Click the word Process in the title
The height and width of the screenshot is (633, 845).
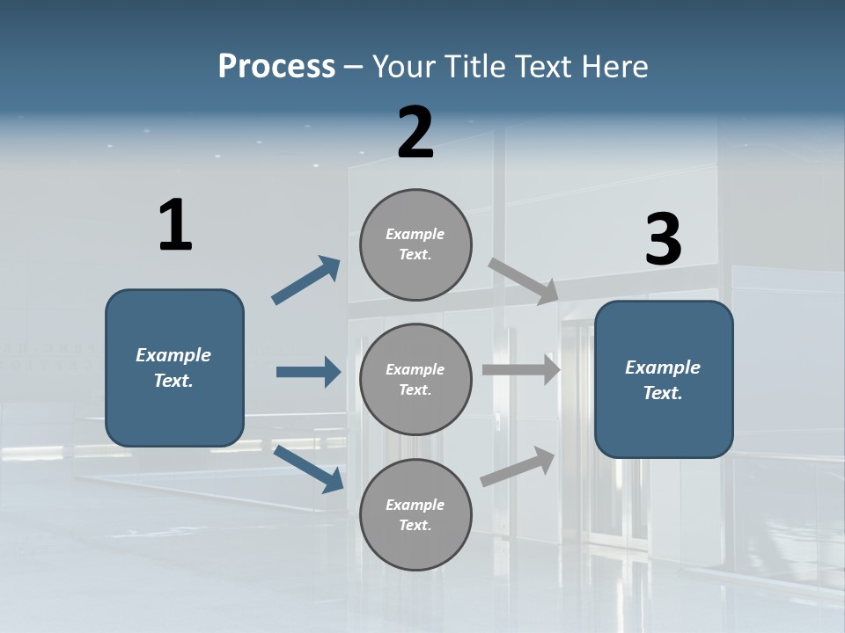click(276, 67)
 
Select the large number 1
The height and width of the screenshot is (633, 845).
click(175, 226)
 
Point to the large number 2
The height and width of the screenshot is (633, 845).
click(415, 133)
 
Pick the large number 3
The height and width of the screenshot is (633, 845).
click(664, 240)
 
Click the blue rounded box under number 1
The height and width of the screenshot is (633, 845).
click(174, 367)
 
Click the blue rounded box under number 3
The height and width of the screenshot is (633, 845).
click(664, 380)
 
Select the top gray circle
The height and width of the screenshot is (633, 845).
click(415, 244)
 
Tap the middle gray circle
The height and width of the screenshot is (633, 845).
click(415, 380)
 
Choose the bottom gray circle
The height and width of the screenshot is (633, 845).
click(415, 515)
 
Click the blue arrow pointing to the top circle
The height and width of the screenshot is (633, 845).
click(306, 280)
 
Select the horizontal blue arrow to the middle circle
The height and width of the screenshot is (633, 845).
click(308, 372)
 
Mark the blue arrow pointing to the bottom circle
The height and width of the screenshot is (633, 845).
click(309, 469)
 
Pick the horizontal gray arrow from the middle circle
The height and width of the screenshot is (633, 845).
click(521, 369)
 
